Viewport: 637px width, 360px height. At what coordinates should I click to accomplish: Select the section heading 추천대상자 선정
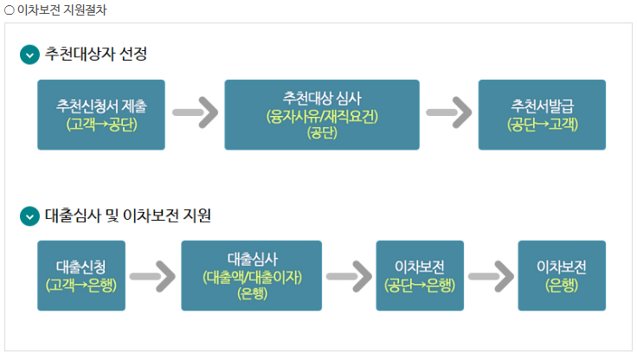96,55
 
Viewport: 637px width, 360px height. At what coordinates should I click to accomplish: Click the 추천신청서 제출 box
101,114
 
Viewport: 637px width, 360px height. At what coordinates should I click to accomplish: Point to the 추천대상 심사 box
321,114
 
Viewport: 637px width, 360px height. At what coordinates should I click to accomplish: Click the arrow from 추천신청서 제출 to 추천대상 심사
195,113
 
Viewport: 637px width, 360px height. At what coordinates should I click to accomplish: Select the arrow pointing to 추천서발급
448,113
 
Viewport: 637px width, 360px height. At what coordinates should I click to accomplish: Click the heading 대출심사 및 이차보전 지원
128,215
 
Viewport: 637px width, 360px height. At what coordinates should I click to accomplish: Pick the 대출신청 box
82,275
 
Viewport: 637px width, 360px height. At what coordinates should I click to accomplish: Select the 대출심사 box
251,275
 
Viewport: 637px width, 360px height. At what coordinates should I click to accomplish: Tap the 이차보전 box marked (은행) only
562,275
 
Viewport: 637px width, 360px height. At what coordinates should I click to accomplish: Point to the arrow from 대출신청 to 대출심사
152,276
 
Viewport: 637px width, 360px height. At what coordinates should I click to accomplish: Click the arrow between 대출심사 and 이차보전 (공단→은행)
349,276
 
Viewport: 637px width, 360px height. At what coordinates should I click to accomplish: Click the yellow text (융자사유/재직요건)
322,115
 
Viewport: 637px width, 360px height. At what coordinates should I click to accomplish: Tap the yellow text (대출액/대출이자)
251,277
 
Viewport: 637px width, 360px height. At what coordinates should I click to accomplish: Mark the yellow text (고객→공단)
101,124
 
